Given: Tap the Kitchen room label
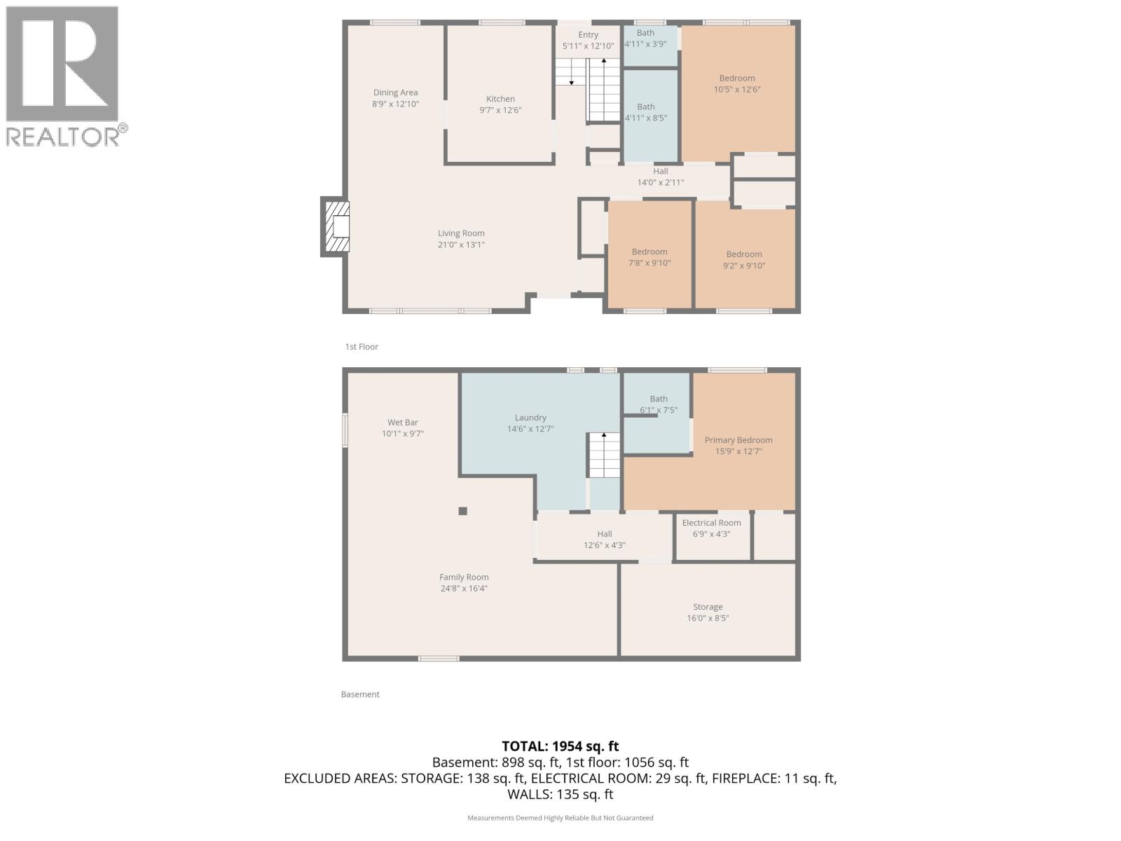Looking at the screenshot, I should point(500,99).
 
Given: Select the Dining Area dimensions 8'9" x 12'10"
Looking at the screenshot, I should point(395,104).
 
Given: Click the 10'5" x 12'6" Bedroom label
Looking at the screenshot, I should point(737,84).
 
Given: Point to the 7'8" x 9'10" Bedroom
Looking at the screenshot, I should point(649,257).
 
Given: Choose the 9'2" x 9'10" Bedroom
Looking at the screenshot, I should point(744,260).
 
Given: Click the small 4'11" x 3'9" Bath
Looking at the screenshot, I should point(645,38).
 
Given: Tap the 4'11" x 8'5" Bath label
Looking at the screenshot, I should point(646,112).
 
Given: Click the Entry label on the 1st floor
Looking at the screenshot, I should point(588,35).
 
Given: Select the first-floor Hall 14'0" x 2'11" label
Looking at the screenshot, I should point(660,177).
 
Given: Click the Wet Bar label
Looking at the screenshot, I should point(403,423).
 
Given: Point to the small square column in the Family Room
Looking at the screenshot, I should point(462,511).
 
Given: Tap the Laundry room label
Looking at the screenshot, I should point(530,418).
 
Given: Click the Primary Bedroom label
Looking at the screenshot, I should point(738,440).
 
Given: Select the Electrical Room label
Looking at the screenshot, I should point(711,523).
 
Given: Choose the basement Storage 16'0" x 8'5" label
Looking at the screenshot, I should point(708,613).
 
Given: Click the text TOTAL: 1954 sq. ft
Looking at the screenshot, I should point(560,746).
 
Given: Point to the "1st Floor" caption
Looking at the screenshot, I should point(362,347).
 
